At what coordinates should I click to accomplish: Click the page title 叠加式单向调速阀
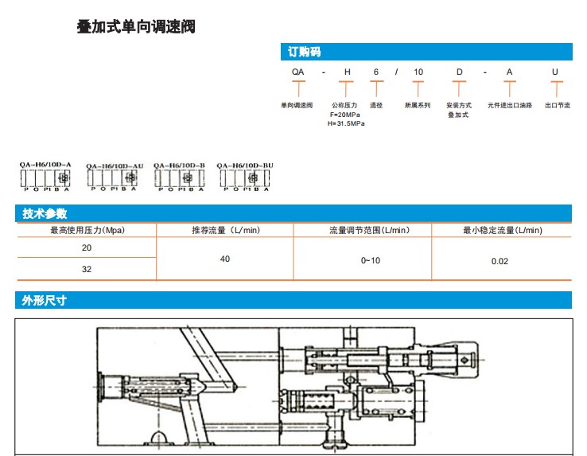pyautogui.click(x=136, y=28)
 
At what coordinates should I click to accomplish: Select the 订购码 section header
pyautogui.click(x=304, y=53)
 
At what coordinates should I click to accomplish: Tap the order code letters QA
pyautogui.click(x=297, y=72)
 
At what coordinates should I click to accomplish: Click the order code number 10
pyautogui.click(x=418, y=72)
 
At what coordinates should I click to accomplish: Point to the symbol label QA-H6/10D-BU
pyautogui.click(x=245, y=166)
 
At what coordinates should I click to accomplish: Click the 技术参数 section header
pyautogui.click(x=45, y=214)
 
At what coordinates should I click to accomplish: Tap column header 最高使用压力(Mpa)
pyautogui.click(x=87, y=231)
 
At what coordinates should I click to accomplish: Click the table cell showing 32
pyautogui.click(x=87, y=269)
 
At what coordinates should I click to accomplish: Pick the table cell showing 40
pyautogui.click(x=225, y=259)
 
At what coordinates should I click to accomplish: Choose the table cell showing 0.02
pyautogui.click(x=500, y=261)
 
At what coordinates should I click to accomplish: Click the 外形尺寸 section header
pyautogui.click(x=45, y=301)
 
